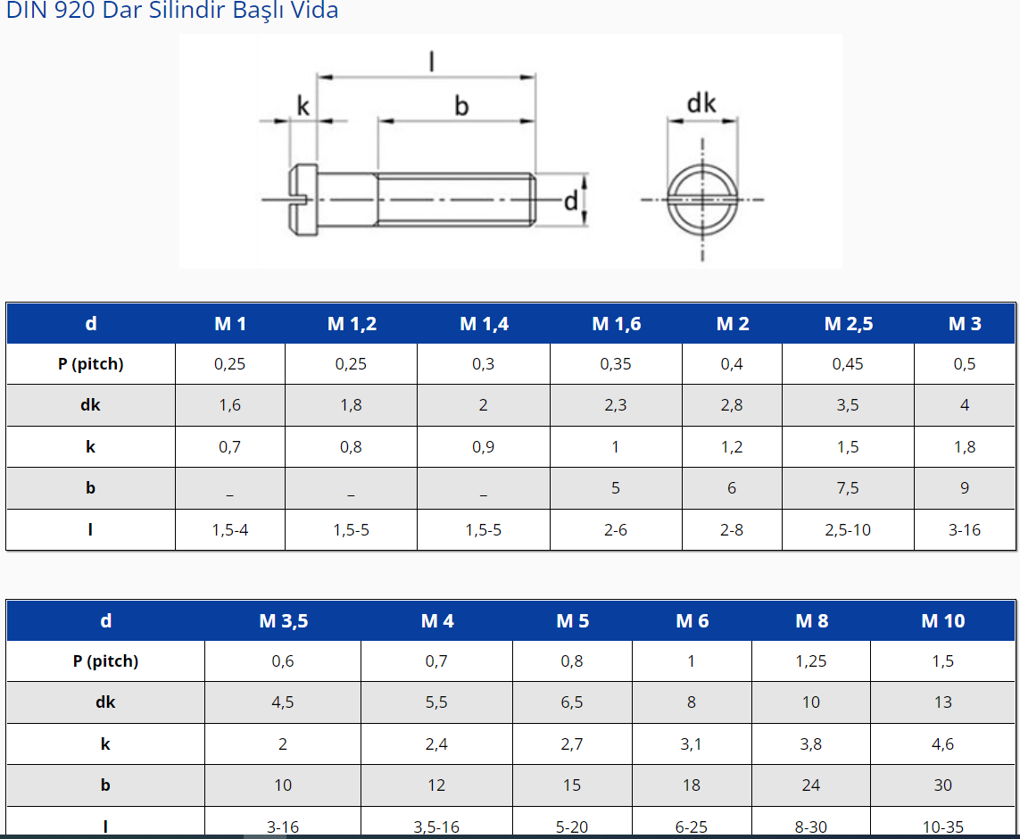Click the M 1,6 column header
(x=616, y=324)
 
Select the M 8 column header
(x=812, y=621)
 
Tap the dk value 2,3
(x=616, y=405)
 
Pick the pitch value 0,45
(x=848, y=364)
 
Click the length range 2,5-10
(x=848, y=530)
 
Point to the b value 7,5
(x=848, y=488)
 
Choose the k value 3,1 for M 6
(x=691, y=744)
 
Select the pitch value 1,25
(x=811, y=661)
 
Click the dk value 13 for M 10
(x=942, y=702)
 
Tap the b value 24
(x=811, y=785)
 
